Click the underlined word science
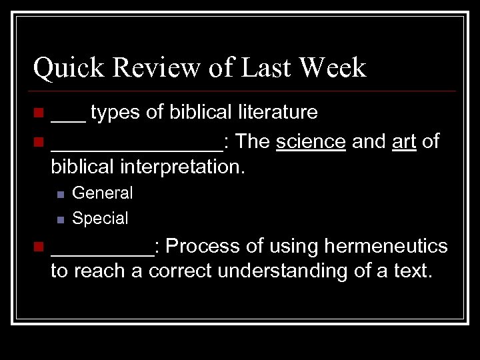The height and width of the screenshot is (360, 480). [x=311, y=141]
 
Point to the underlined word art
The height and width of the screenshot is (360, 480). [x=404, y=141]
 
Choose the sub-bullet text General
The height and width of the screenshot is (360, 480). [x=103, y=193]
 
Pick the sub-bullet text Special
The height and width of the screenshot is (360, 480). [x=100, y=218]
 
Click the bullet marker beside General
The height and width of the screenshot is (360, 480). [x=60, y=194]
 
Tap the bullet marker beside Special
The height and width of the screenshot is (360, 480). [x=60, y=219]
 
